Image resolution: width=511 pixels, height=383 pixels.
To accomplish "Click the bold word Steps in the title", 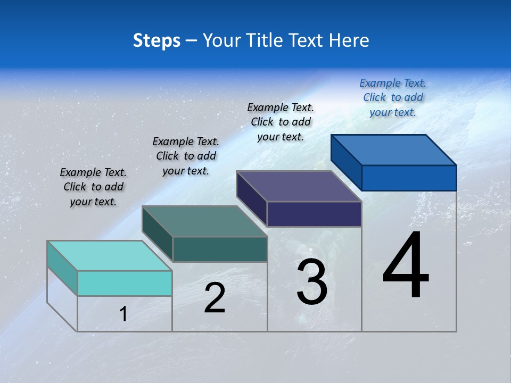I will [x=156, y=40].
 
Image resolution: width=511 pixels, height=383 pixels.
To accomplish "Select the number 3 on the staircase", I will [x=311, y=282].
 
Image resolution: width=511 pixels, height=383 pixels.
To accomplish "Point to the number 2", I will [x=215, y=298].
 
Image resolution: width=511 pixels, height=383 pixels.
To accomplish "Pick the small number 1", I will [x=123, y=314].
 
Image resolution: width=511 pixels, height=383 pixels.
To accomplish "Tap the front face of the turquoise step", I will [x=125, y=283].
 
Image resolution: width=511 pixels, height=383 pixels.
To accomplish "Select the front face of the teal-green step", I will [x=219, y=249].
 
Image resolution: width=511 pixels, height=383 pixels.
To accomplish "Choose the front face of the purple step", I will [x=314, y=214].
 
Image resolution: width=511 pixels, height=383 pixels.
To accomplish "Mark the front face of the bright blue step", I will [x=409, y=178].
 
